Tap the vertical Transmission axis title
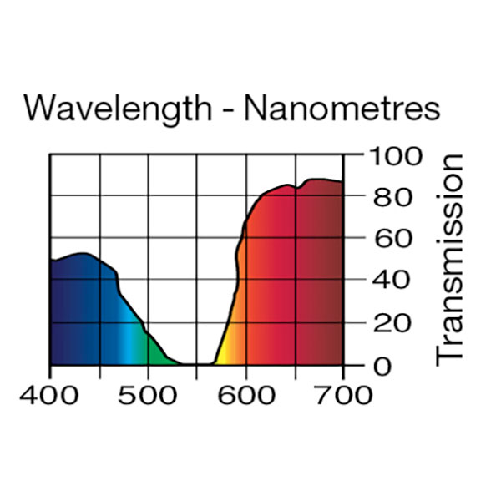tap(450, 258)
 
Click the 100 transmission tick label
tap(392, 156)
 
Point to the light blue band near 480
tap(128, 334)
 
